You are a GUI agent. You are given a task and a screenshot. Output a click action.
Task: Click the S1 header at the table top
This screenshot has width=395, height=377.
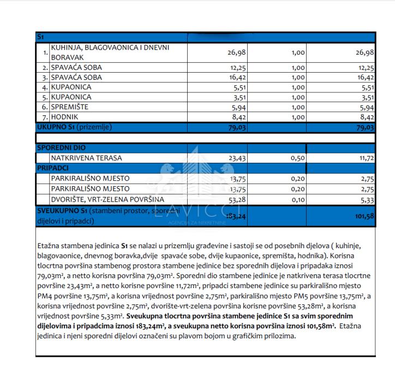(40, 37)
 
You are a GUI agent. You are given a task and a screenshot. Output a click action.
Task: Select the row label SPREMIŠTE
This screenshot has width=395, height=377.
(69, 107)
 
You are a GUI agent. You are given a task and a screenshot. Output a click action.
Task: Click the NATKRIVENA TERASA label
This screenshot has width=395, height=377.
(86, 158)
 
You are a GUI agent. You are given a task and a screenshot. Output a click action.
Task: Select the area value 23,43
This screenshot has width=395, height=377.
(235, 158)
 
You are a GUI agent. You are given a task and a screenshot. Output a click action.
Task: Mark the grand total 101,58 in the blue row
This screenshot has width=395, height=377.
(362, 216)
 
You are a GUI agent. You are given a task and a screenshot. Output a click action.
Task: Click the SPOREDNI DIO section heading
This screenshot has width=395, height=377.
(61, 148)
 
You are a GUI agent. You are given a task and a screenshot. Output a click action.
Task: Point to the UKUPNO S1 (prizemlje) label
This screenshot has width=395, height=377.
(74, 127)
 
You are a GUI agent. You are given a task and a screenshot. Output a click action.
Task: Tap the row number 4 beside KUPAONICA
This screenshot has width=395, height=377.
(45, 87)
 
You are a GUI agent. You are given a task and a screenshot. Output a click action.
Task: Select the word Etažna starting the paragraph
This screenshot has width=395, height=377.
(51, 247)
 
